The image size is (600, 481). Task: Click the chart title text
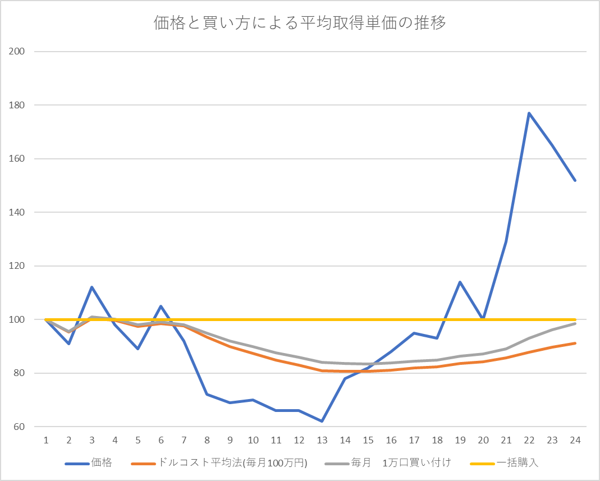click(300, 23)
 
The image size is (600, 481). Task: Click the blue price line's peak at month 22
click(529, 113)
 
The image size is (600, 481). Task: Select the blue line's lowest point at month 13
click(322, 421)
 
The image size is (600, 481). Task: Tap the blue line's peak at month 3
click(91, 287)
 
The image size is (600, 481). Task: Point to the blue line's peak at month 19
click(460, 282)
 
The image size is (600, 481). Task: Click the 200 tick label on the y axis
click(19, 52)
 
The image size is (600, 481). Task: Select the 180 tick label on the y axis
click(19, 105)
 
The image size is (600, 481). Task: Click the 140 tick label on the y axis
click(19, 212)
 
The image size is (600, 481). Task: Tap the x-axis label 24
click(575, 440)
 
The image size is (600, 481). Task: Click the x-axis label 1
click(45, 440)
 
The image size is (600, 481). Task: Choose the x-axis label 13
click(322, 440)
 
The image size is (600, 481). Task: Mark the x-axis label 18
click(437, 440)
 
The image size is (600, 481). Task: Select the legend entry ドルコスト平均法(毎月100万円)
click(232, 463)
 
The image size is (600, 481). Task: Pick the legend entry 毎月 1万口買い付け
click(401, 463)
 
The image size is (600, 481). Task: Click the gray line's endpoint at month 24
click(575, 323)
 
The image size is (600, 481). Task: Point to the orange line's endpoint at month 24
click(575, 343)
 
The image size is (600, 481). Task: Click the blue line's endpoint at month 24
click(575, 180)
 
